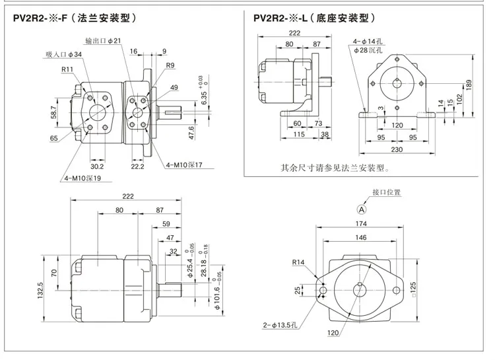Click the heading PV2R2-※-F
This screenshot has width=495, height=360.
point(40,18)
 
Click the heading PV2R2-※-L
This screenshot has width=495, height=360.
point(280,18)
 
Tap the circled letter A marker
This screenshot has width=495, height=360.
point(362,209)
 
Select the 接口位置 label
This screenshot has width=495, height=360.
point(386,192)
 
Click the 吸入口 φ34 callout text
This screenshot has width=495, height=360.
point(64,54)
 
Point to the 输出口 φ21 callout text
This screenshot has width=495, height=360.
point(103,41)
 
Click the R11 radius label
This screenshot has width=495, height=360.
point(67,69)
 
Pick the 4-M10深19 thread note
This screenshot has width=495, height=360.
point(82,178)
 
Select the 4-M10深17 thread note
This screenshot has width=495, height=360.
point(184,164)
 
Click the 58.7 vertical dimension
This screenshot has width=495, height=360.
point(53,112)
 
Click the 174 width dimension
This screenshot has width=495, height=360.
point(361,224)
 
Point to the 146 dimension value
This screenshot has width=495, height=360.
point(361,237)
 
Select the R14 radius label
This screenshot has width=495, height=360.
point(298,262)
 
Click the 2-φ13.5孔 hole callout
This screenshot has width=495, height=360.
point(280,325)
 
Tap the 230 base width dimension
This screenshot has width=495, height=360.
point(397,149)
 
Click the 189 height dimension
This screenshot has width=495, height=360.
point(469,85)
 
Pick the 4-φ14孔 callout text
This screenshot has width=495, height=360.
point(368,41)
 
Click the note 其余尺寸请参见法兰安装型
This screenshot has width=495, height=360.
point(335,168)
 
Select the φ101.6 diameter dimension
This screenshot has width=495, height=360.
point(217,299)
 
